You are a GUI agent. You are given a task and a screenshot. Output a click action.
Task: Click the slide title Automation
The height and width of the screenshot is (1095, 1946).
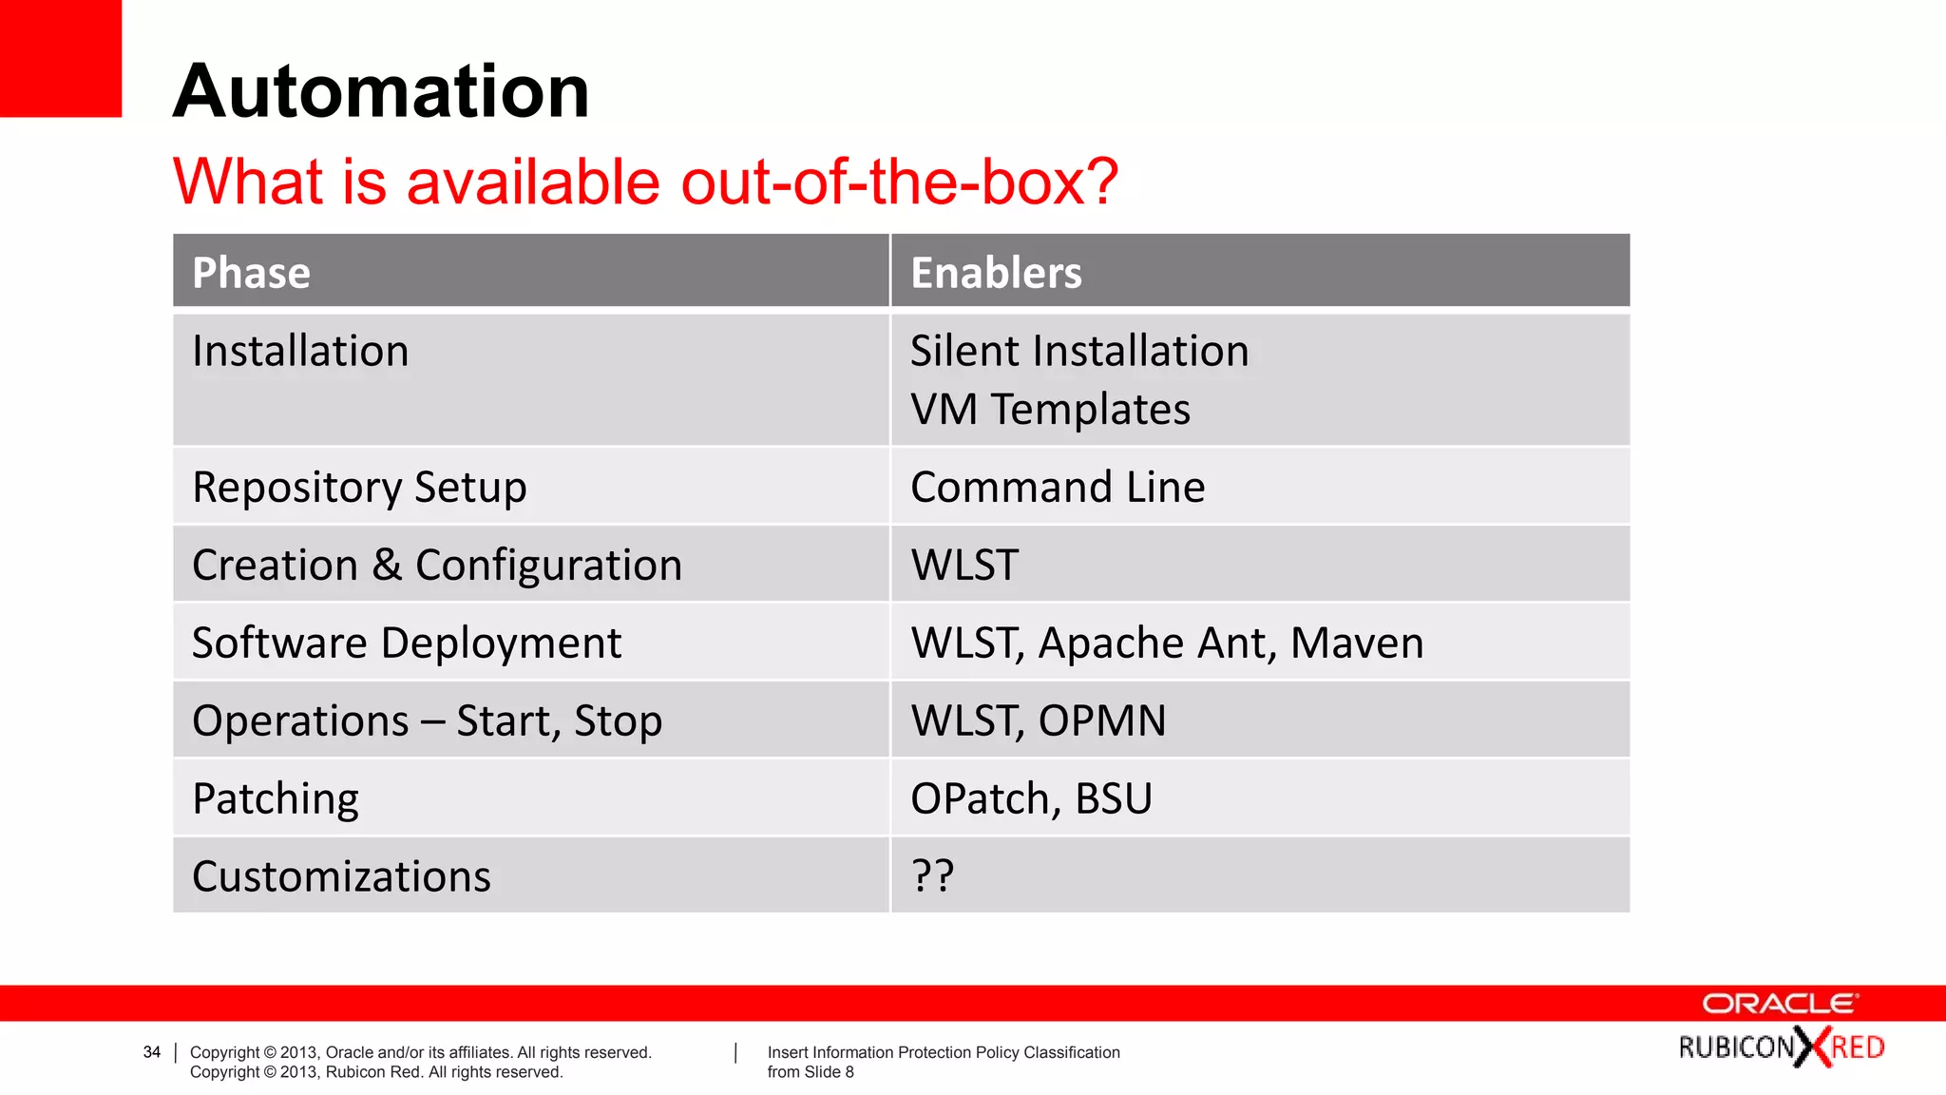pos(381,91)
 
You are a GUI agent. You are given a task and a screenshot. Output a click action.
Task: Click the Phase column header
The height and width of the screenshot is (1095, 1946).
pos(252,273)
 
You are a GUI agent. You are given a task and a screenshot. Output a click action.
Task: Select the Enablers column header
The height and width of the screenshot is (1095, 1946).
pos(996,273)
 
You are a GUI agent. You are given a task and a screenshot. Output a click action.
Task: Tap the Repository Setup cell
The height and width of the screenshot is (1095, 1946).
pos(359,488)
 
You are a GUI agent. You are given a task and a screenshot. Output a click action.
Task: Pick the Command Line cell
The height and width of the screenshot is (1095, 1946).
pos(1058,488)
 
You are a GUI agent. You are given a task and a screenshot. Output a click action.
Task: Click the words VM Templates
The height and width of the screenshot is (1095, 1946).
pos(1050,410)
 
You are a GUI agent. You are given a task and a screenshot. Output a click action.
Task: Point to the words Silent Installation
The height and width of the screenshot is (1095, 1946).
pos(1079,351)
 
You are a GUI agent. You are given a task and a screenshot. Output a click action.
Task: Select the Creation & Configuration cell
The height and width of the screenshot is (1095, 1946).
pos(437,566)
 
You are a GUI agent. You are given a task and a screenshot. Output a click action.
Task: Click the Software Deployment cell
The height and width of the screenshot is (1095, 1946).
pos(407,644)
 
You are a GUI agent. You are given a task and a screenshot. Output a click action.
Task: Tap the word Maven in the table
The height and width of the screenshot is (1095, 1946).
pos(1357,644)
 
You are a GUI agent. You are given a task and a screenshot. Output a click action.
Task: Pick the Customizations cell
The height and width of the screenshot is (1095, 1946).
pos(341,876)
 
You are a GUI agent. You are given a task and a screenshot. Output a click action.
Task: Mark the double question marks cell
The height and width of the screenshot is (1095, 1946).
pos(932,875)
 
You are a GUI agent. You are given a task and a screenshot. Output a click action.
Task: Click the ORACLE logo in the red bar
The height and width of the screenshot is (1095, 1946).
pos(1780,1004)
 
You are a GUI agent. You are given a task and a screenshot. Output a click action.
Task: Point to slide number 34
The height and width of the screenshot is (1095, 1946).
pos(152,1052)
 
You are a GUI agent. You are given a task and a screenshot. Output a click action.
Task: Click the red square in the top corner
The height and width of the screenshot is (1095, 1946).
pos(60,58)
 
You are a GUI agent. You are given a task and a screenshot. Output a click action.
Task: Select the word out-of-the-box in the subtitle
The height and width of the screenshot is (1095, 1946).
pos(899,182)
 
